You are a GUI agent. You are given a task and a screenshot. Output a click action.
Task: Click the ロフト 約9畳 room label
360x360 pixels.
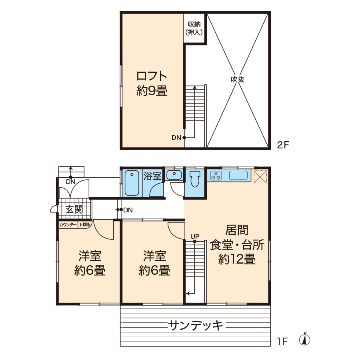pyautogui.click(x=152, y=84)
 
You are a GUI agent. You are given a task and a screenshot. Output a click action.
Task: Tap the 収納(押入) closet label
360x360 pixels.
pyautogui.click(x=194, y=28)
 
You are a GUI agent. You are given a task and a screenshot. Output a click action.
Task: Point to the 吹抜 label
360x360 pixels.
pyautogui.click(x=237, y=80)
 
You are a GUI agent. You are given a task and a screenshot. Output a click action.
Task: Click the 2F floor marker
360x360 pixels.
pyautogui.click(x=283, y=145)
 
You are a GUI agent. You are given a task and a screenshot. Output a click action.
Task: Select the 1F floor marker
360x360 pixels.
pyautogui.click(x=282, y=342)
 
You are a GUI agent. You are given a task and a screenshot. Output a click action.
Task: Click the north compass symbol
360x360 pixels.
pyautogui.click(x=305, y=339)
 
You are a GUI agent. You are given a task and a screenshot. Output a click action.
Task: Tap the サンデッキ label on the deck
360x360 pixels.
pyautogui.click(x=195, y=325)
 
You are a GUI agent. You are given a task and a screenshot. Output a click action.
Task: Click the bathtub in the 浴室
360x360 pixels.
pyautogui.click(x=132, y=183)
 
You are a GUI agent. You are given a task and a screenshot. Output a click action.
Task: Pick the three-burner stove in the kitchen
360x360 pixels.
pyautogui.click(x=216, y=176)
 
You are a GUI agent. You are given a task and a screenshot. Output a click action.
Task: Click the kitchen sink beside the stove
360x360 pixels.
pyautogui.click(x=238, y=176)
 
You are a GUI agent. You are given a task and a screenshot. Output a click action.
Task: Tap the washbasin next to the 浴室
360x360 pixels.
pyautogui.click(x=174, y=175)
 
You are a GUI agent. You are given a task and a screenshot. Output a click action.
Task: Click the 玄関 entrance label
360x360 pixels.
pyautogui.click(x=74, y=209)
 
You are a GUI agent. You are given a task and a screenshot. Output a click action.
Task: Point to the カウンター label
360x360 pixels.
pyautogui.click(x=68, y=224)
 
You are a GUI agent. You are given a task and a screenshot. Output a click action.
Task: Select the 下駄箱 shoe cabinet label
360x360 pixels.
pyautogui.click(x=84, y=224)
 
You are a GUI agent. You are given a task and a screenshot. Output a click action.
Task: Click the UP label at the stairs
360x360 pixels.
pyautogui.click(x=195, y=236)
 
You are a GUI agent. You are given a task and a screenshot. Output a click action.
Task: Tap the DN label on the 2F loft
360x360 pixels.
pyautogui.click(x=176, y=138)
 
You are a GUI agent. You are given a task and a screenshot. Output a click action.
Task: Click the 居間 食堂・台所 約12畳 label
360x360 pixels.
pyautogui.click(x=237, y=245)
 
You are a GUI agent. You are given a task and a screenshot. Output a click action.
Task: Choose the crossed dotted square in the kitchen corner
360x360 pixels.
pyautogui.click(x=260, y=176)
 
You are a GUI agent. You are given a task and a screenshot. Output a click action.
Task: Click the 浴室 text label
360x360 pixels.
pyautogui.click(x=152, y=176)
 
